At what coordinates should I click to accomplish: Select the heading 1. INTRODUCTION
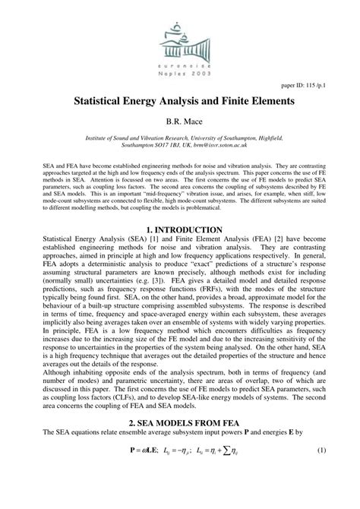point(179,229)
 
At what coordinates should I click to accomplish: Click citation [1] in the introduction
point(150,240)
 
